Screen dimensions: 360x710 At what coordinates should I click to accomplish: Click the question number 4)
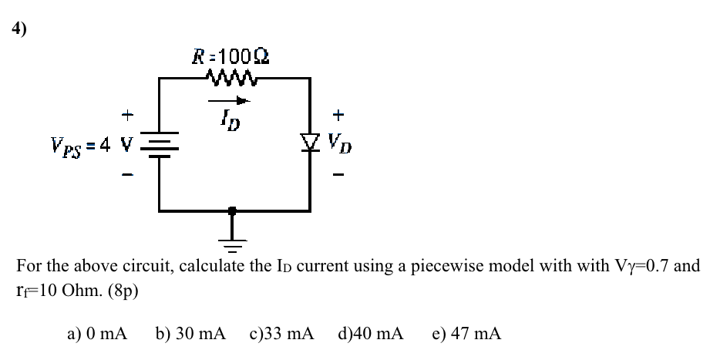[19, 30]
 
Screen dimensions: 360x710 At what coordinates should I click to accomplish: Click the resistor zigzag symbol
[230, 76]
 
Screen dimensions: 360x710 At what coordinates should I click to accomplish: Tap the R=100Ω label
[230, 56]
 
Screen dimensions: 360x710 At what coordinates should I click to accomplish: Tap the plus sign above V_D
[338, 115]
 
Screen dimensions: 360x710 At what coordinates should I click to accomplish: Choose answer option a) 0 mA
[96, 333]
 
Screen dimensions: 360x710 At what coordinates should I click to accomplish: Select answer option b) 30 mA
[190, 333]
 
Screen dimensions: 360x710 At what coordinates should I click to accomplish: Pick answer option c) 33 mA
[281, 333]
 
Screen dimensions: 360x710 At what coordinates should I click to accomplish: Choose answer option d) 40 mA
[370, 333]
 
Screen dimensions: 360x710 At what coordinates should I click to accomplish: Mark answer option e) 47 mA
[466, 333]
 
